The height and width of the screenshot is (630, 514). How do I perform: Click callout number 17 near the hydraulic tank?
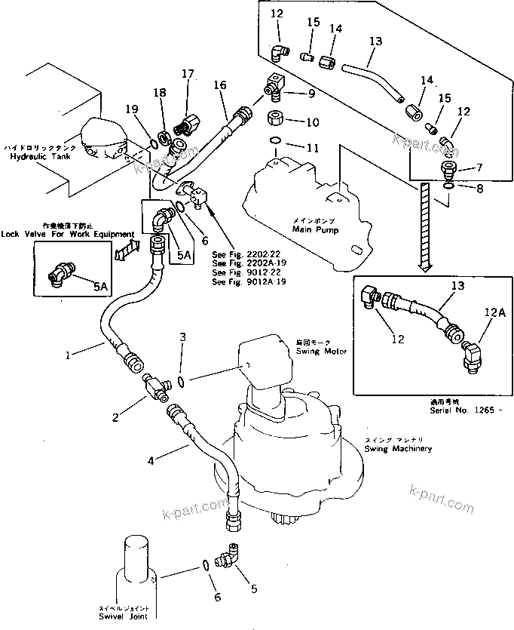click(188, 74)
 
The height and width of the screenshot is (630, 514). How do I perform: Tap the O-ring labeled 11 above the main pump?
click(276, 140)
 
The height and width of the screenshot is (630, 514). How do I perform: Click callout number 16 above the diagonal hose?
click(219, 86)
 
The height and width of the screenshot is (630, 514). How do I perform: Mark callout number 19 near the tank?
click(132, 110)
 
